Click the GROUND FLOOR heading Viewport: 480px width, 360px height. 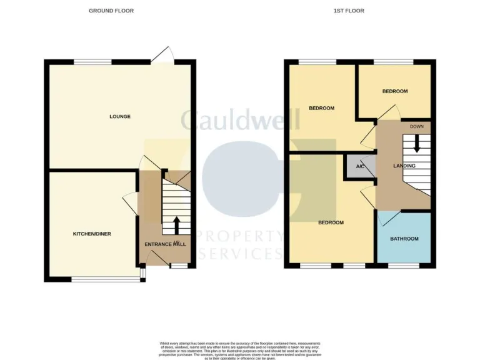click(111, 11)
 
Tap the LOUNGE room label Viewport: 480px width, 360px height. click(120, 116)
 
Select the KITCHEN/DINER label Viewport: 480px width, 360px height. click(92, 234)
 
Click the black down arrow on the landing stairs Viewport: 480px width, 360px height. click(417, 144)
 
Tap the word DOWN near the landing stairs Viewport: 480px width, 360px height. click(417, 127)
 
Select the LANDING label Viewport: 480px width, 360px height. click(404, 166)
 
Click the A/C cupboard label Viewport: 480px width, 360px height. click(361, 167)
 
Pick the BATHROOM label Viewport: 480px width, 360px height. click(404, 239)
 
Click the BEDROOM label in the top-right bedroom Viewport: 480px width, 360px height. click(395, 91)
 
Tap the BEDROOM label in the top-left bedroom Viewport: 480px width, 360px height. click(321, 108)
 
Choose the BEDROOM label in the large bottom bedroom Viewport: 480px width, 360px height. click(331, 222)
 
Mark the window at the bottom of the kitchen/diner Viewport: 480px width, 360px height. click(105, 279)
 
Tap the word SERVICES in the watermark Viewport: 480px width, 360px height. click(240, 254)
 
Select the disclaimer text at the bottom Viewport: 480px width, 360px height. click(240, 351)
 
